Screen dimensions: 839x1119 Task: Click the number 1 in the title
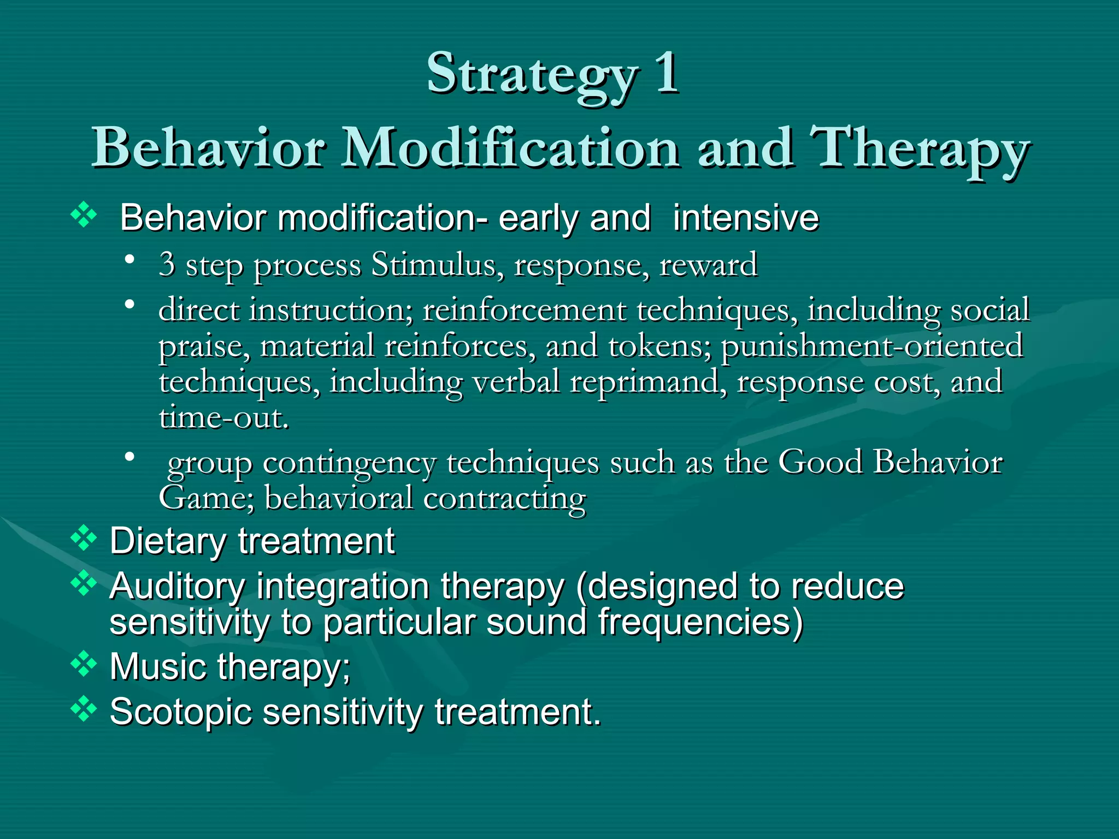pos(667,73)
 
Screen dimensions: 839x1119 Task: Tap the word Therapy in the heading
pos(919,149)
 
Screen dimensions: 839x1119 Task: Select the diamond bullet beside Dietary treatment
pos(84,538)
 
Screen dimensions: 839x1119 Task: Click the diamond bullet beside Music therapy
pos(84,664)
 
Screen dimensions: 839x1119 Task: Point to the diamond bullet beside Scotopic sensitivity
pos(84,709)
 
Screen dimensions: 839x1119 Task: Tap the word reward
pos(708,265)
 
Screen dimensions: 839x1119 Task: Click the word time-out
pos(223,418)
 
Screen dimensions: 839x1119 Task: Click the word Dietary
pos(168,541)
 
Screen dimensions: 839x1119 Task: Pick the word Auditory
pos(178,587)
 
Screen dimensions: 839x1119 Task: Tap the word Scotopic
pos(180,712)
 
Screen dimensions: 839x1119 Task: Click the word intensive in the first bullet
pos(746,218)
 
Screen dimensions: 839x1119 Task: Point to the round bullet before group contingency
pos(129,456)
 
